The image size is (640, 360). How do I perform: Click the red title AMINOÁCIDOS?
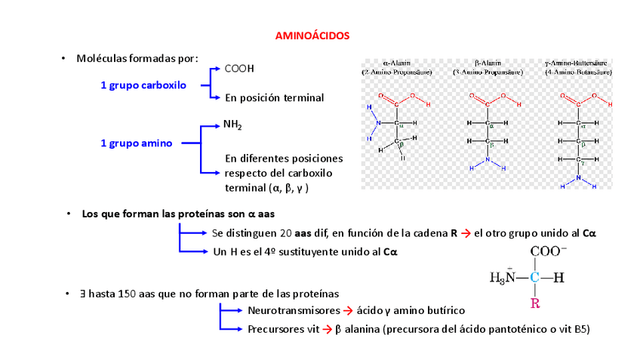tap(312, 35)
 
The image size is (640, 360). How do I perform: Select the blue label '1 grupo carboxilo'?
tap(143, 85)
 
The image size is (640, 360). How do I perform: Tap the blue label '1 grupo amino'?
tap(136, 143)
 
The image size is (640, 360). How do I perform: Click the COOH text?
tap(239, 69)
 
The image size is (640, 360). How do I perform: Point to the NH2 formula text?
tap(232, 125)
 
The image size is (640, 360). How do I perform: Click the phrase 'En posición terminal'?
tap(274, 97)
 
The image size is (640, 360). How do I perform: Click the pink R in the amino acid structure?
tap(534, 304)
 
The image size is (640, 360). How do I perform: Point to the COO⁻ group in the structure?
tap(549, 252)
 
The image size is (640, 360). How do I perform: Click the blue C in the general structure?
tap(534, 278)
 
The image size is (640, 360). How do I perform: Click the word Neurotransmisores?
tap(294, 310)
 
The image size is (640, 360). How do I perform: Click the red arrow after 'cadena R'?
tap(466, 234)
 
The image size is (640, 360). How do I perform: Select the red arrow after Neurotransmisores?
tap(348, 310)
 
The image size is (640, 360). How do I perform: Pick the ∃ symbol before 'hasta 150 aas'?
tap(91, 292)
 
